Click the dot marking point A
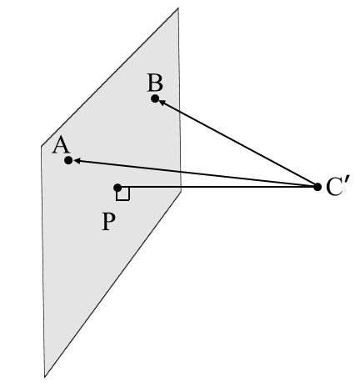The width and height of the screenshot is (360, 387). click(x=68, y=159)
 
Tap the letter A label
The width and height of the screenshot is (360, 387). click(x=60, y=145)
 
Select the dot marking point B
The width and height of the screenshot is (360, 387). click(x=155, y=98)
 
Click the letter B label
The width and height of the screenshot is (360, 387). click(x=154, y=83)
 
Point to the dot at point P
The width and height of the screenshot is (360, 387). click(x=117, y=187)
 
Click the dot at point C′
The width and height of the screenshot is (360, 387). click(x=317, y=187)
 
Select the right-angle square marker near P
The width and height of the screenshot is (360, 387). click(x=122, y=193)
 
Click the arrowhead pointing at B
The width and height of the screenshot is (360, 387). click(x=163, y=103)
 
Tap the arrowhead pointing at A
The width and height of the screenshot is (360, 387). click(x=77, y=160)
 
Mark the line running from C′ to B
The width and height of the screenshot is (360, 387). click(x=237, y=143)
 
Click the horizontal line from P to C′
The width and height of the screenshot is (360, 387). click(x=217, y=187)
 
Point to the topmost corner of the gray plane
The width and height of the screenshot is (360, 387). click(x=178, y=8)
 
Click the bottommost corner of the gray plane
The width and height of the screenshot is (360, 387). click(x=45, y=376)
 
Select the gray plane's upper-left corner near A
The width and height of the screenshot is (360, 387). click(x=42, y=148)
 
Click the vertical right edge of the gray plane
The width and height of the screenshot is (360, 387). click(x=179, y=100)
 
